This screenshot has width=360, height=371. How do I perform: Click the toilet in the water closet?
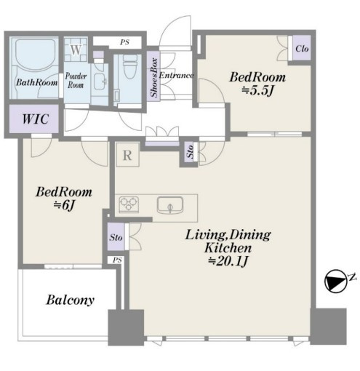click(x=130, y=66)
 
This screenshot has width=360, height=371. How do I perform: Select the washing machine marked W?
click(x=76, y=50)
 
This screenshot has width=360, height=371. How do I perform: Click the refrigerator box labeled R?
click(x=127, y=155)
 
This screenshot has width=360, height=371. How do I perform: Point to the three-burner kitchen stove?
click(x=129, y=204)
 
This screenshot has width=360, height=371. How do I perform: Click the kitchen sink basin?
click(x=170, y=205)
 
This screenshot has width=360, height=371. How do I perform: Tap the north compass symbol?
click(x=336, y=280)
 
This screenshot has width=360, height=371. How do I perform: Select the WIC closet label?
click(x=36, y=119)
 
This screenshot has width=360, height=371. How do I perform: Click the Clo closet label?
click(x=302, y=48)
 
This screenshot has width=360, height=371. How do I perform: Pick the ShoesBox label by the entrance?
click(x=154, y=77)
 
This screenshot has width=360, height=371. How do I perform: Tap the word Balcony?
click(x=71, y=300)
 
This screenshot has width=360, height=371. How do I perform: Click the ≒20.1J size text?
click(x=228, y=261)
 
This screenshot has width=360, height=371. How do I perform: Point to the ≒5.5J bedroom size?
click(x=257, y=91)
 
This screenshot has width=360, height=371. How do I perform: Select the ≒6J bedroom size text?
click(x=63, y=206)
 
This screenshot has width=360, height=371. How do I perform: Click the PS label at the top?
click(x=124, y=42)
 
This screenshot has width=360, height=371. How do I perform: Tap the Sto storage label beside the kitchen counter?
click(x=116, y=237)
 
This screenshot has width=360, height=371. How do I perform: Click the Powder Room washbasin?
click(x=100, y=81)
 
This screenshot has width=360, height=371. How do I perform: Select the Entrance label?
click(x=176, y=75)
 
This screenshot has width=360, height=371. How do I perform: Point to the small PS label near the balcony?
click(x=117, y=260)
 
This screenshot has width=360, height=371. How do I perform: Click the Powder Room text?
click(x=76, y=81)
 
